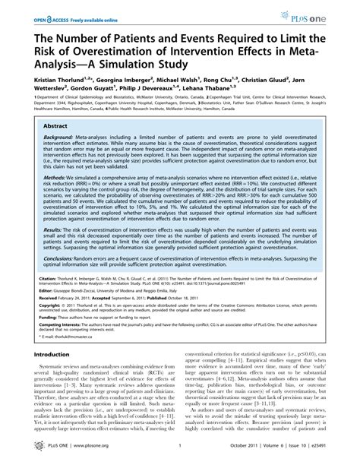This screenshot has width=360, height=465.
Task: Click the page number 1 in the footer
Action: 180,456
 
